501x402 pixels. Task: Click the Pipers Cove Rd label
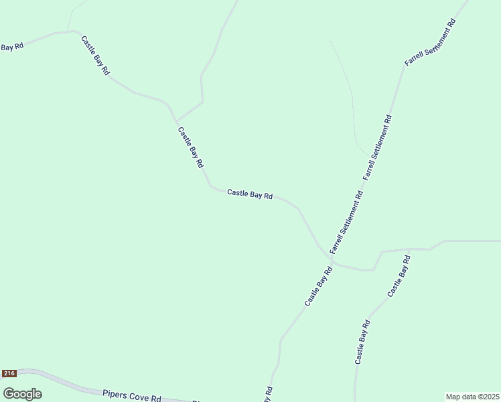[131, 395]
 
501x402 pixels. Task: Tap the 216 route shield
[9, 373]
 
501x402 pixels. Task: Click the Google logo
[22, 394]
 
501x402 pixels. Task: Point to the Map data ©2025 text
[472, 397]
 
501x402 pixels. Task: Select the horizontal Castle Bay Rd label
[250, 194]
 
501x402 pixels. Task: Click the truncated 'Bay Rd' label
[11, 46]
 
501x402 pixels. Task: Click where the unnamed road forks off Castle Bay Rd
[175, 121]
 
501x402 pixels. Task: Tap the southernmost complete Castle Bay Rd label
[362, 342]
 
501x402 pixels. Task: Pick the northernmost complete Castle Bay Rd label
[96, 56]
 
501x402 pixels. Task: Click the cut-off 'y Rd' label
[268, 394]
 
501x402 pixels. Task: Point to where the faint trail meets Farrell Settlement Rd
[368, 155]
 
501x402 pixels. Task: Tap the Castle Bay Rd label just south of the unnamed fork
[191, 147]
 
